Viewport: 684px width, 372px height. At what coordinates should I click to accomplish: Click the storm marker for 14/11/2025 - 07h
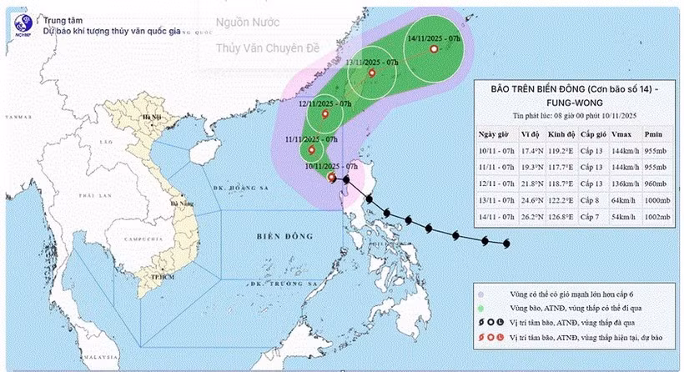(x=433, y=49)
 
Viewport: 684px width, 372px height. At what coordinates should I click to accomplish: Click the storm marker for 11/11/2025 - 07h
(x=311, y=150)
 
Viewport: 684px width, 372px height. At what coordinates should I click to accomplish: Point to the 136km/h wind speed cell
(x=626, y=185)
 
